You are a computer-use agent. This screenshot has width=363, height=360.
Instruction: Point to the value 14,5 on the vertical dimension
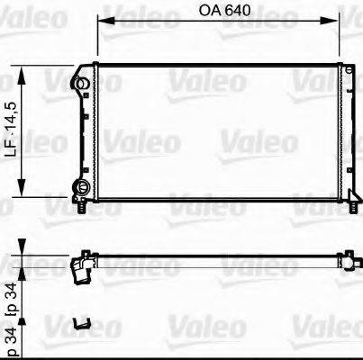tap(11, 112)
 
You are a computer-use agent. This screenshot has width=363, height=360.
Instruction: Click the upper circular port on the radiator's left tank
tap(82, 84)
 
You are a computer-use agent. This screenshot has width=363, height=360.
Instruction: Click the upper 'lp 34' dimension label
tap(11, 293)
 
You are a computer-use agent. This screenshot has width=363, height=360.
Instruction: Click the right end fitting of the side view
tap(345, 260)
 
